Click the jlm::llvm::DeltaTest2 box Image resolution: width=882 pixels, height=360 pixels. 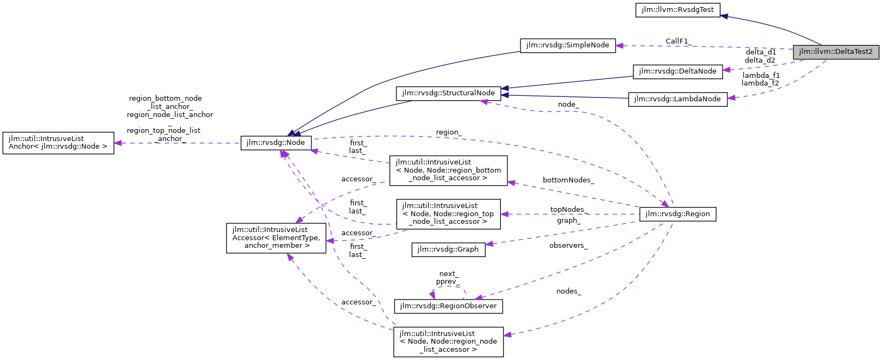coord(836,52)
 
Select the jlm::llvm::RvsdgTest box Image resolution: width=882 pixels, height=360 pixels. coord(678,10)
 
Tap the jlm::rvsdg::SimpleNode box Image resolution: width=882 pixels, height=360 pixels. coord(568,45)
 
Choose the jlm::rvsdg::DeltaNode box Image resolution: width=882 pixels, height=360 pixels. coord(677,71)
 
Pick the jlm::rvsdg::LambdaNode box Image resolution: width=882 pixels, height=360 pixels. coord(677,99)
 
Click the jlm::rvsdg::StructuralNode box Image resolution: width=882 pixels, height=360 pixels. coord(448,93)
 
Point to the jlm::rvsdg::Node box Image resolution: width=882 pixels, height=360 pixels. coord(276,143)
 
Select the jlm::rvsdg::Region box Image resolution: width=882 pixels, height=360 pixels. coord(677,214)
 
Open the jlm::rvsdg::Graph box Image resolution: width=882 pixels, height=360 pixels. coord(448,249)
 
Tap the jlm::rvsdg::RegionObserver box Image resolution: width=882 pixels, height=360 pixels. coord(448,306)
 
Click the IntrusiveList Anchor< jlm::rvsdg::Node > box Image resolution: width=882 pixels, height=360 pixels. coord(58,143)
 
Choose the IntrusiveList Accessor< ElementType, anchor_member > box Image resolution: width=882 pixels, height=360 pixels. coord(276,238)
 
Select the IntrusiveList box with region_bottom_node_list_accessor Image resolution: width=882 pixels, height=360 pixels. coord(448,170)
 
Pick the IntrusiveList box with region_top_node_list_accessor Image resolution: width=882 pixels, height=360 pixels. coord(448,214)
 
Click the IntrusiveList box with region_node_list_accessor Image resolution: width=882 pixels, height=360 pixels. coord(448,341)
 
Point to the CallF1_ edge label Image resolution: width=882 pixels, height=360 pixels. coord(678,41)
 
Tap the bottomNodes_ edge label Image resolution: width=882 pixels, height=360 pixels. coord(568,180)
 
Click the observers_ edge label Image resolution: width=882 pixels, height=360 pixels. coord(568,246)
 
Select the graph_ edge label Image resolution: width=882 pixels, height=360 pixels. coord(568,221)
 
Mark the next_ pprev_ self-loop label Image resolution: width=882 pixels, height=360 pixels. coord(448,278)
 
